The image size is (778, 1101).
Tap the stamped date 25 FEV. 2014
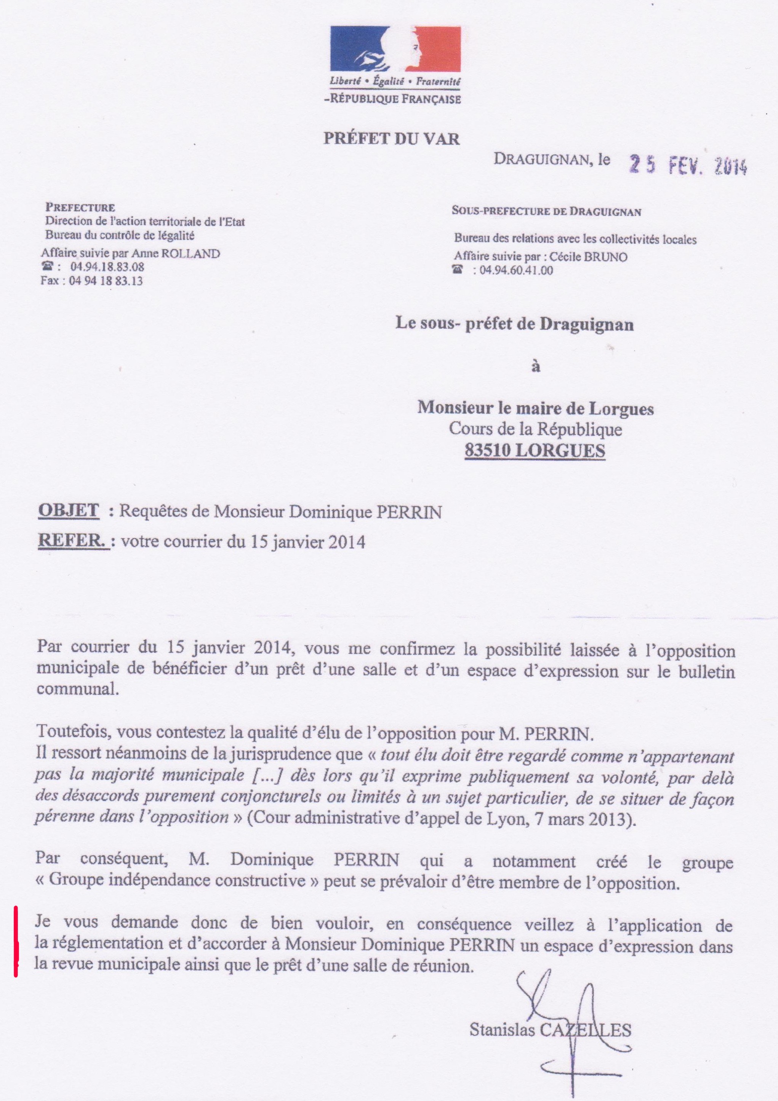[x=688, y=165]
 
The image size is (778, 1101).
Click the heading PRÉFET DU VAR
[x=392, y=139]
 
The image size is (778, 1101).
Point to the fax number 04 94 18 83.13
[x=106, y=281]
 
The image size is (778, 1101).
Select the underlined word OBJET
[x=69, y=510]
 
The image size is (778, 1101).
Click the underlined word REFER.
[x=73, y=541]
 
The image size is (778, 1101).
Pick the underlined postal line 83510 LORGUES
[x=535, y=451]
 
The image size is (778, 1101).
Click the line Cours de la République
[x=535, y=429]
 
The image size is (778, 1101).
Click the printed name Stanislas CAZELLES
[x=550, y=1029]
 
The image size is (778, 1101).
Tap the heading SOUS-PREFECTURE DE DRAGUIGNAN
[x=546, y=212]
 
